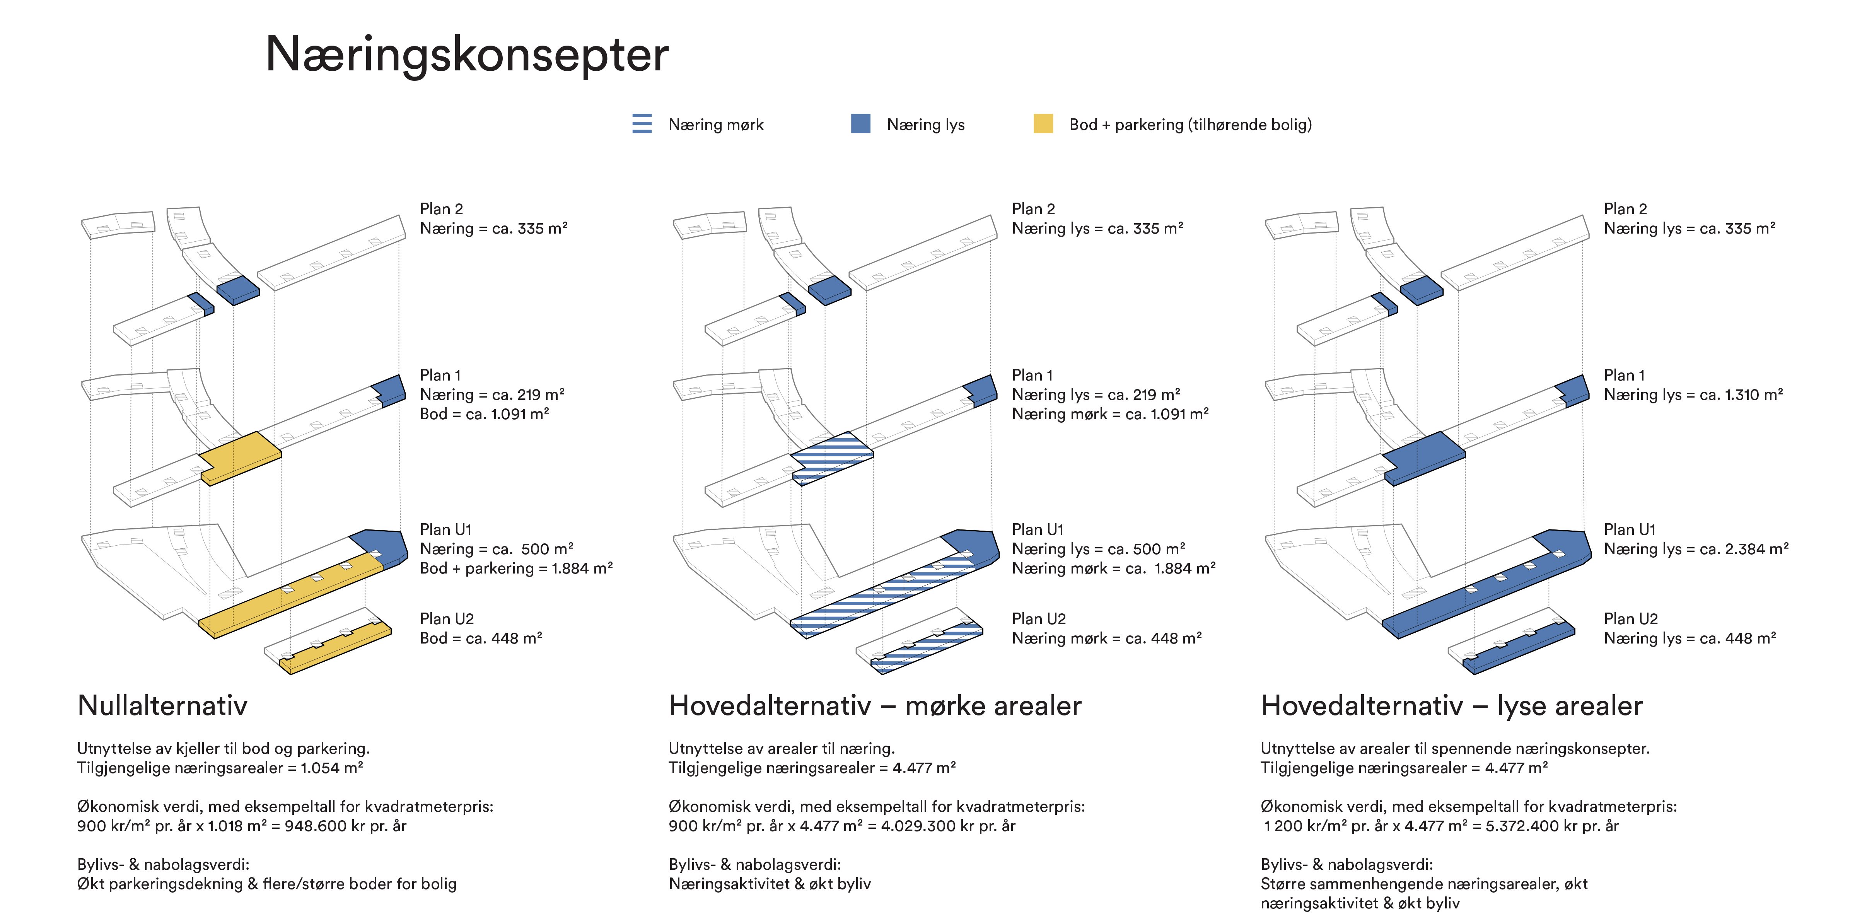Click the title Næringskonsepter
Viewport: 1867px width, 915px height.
pyautogui.click(x=467, y=55)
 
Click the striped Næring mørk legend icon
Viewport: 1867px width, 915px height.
pyautogui.click(x=642, y=124)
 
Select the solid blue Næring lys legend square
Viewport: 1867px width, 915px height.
pyautogui.click(x=860, y=124)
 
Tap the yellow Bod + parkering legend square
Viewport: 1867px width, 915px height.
pyautogui.click(x=1043, y=124)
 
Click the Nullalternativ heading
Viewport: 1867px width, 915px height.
pyautogui.click(x=162, y=705)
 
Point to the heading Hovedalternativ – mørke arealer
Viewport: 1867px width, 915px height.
pyautogui.click(x=875, y=705)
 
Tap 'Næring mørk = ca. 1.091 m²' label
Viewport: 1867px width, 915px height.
pyautogui.click(x=1110, y=414)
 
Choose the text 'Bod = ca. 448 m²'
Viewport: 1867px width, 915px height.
pyautogui.click(x=481, y=638)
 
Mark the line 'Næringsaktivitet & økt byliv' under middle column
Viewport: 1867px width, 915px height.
pyautogui.click(x=770, y=884)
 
